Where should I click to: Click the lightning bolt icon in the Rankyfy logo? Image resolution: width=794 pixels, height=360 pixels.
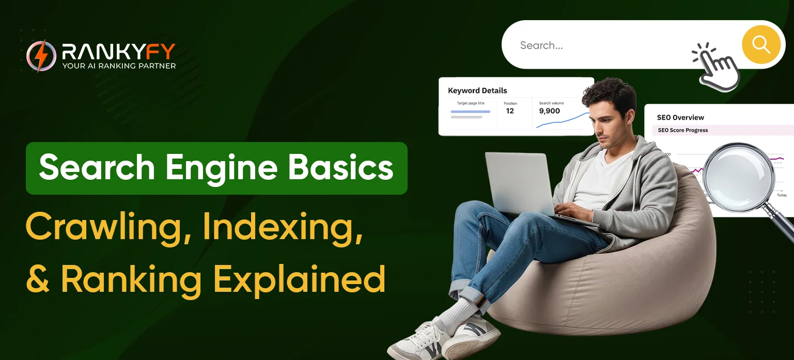click(41, 56)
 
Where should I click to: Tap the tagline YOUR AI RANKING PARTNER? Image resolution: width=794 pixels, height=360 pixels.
click(119, 66)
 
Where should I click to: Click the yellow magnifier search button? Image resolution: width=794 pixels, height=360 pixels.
click(761, 44)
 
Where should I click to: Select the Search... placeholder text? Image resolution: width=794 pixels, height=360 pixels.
click(541, 45)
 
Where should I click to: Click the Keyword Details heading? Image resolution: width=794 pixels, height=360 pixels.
click(477, 90)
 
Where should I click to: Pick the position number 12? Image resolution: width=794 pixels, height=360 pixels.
click(510, 111)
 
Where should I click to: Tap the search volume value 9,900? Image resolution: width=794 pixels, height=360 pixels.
click(550, 111)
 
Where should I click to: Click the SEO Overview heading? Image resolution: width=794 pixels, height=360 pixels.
click(680, 117)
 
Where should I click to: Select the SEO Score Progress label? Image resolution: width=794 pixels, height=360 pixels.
click(683, 130)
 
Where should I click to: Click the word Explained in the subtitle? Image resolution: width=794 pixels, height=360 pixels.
click(299, 279)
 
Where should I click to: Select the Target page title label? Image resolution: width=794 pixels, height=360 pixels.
click(471, 103)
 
